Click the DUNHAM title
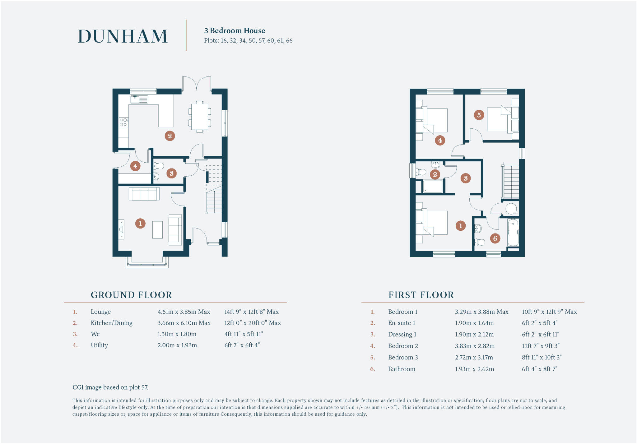pos(123,36)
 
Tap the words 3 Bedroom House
pos(235,31)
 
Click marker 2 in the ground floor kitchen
pos(170,136)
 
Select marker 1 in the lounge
pos(140,223)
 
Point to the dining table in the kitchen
pos(199,117)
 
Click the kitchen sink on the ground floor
pos(139,99)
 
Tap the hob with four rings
pos(123,122)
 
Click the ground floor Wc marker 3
pos(171,173)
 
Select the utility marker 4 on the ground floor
pos(135,166)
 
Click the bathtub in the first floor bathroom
pos(513,232)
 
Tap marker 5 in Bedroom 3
pos(479,115)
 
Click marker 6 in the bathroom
pos(495,238)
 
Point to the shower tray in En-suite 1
pos(433,187)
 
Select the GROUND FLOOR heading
pos(131,295)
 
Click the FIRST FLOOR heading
pos(421,295)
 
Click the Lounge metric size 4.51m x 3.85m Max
pos(184,312)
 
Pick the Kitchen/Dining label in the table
pos(111,323)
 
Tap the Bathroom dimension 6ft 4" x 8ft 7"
pos(539,369)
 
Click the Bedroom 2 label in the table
pos(403,346)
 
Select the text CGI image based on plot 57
pos(110,387)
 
